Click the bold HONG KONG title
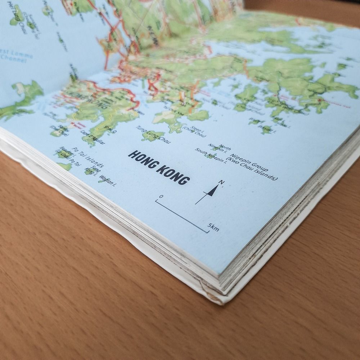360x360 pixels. (x=159, y=167)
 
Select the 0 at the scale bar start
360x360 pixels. (x=161, y=197)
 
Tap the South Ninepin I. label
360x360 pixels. (x=211, y=156)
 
